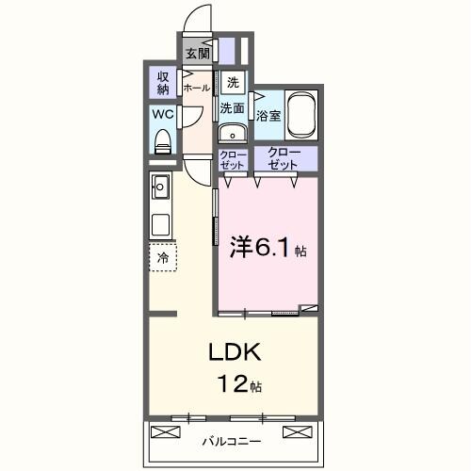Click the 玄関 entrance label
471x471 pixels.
198,54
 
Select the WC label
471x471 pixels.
162,116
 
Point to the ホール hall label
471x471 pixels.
197,88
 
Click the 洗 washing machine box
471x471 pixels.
233,82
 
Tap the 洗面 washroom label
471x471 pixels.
233,108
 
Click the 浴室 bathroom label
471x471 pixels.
268,116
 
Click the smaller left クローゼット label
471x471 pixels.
233,159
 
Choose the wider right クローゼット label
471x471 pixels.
283,158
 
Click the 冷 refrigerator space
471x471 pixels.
163,257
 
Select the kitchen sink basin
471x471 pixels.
160,187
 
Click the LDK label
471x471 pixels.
239,354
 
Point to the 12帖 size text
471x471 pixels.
241,385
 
